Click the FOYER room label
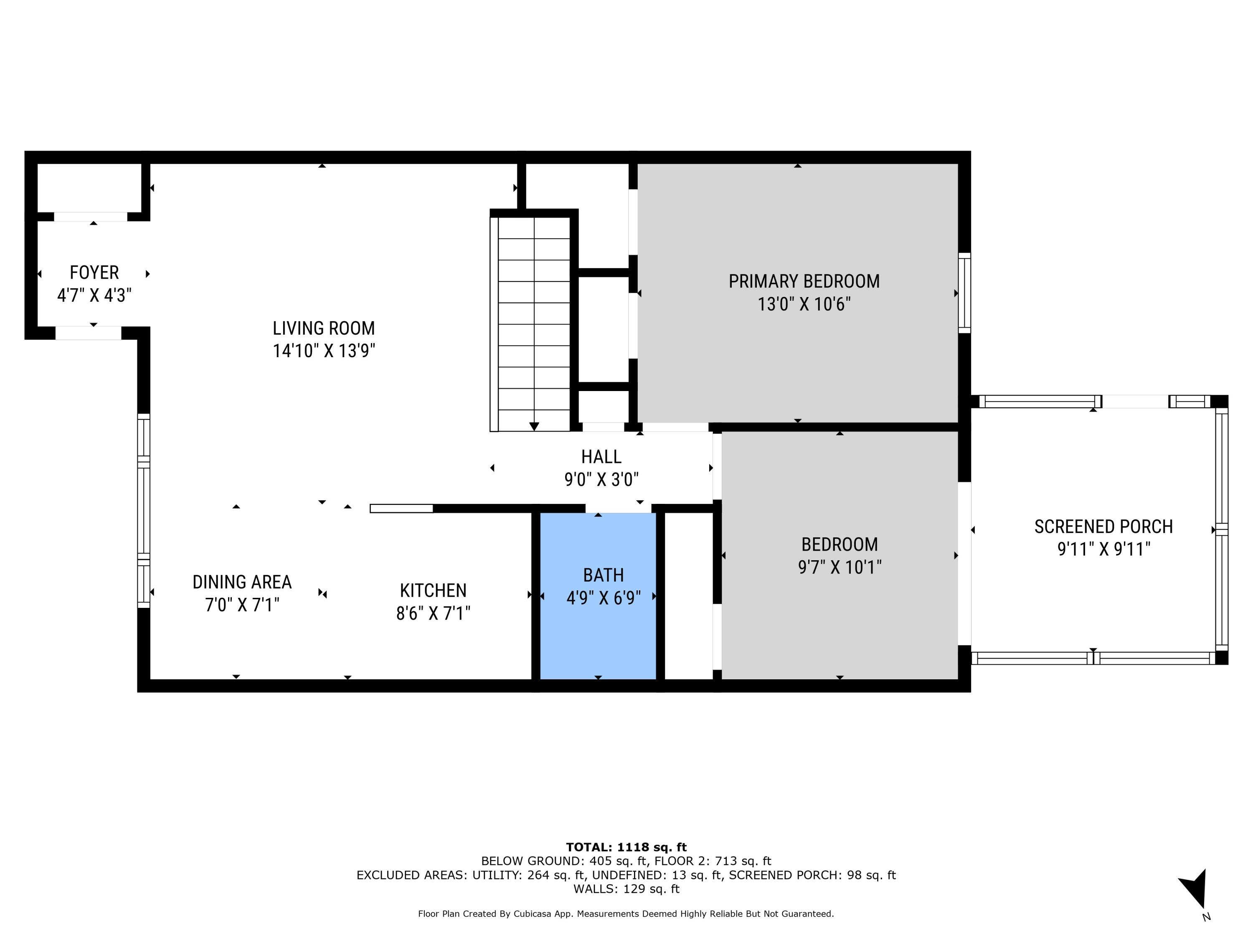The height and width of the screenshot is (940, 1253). [x=94, y=272]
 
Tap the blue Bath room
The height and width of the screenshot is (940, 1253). [x=598, y=623]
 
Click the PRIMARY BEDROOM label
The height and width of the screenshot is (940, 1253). [x=804, y=282]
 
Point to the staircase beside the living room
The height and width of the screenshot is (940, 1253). [x=533, y=323]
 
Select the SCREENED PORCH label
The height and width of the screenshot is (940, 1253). [x=1103, y=526]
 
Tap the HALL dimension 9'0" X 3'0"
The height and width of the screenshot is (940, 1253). [x=601, y=480]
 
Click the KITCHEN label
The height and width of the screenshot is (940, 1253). [x=433, y=590]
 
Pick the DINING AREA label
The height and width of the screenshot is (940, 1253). [x=242, y=582]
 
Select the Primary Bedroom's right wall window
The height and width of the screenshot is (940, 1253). [x=964, y=293]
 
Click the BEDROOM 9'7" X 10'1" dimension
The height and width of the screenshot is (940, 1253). [x=840, y=567]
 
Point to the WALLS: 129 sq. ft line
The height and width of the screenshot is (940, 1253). [x=626, y=889]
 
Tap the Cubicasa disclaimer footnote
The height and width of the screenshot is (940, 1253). [x=626, y=913]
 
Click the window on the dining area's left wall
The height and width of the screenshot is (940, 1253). [x=144, y=510]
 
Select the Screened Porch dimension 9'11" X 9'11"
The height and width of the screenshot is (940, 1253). [x=1103, y=549]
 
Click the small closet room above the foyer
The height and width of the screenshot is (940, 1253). [x=89, y=187]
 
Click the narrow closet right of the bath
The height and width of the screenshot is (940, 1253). [x=688, y=595]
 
